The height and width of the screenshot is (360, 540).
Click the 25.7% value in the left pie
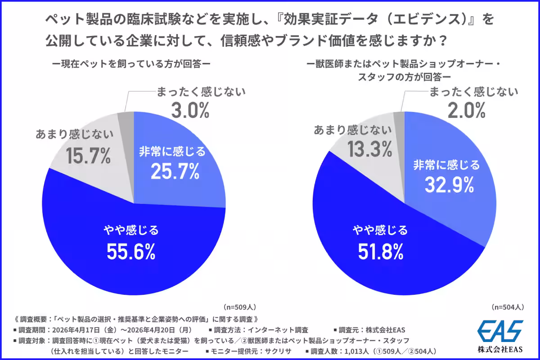pyautogui.click(x=175, y=172)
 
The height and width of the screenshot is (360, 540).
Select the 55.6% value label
pyautogui.click(x=131, y=252)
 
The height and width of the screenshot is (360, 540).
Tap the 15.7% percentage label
pyautogui.click(x=88, y=156)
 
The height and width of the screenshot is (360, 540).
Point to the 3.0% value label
pyautogui.click(x=190, y=110)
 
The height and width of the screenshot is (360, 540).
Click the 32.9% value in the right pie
pyautogui.click(x=449, y=185)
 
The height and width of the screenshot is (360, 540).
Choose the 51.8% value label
pyautogui.click(x=380, y=252)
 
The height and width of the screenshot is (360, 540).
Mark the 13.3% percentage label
pyautogui.click(x=370, y=149)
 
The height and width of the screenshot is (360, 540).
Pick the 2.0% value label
pyautogui.click(x=467, y=110)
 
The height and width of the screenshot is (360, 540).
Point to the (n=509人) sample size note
pyautogui.click(x=239, y=307)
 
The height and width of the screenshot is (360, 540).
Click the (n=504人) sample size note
pyautogui.click(x=508, y=307)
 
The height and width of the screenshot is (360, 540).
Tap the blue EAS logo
pyautogui.click(x=500, y=331)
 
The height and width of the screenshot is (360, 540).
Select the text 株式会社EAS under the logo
pyautogui.click(x=500, y=349)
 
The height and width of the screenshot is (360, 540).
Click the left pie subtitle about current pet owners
pyautogui.click(x=131, y=64)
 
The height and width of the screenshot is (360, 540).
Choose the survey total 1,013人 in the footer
pyautogui.click(x=356, y=351)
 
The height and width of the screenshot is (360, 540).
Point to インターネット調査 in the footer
pyautogui.click(x=278, y=330)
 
